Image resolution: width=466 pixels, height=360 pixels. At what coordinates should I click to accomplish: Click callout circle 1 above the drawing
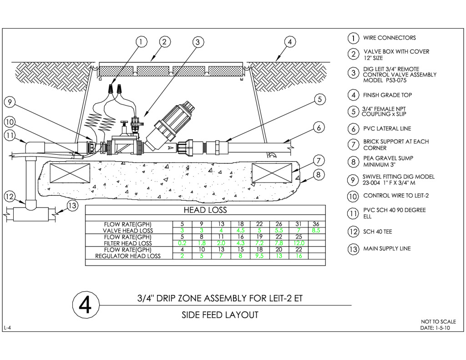coord(142,42)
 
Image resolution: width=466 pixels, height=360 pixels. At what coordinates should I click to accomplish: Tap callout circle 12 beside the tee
coord(10,197)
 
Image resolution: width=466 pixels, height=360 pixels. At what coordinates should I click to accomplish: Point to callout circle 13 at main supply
coord(72,206)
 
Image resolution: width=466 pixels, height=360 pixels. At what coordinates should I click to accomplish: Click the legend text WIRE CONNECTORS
coord(389,38)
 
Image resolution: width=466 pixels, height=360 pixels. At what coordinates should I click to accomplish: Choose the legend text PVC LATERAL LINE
coord(387,129)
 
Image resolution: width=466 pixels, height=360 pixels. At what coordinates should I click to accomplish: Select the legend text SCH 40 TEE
coord(377,232)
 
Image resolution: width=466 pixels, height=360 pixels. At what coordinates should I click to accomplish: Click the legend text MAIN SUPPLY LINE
coord(387,248)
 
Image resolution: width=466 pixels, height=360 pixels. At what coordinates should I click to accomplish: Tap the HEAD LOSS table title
coord(205,210)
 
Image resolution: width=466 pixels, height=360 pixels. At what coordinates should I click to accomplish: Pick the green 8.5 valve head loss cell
coord(315,231)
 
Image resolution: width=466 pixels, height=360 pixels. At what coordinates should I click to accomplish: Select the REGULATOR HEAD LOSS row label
coord(128,256)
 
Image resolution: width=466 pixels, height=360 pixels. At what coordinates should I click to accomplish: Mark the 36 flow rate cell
coord(315,224)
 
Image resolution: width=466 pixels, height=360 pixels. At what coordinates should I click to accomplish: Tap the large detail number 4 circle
coord(86,305)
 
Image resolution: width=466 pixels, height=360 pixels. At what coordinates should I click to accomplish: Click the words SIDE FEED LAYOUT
coord(220,315)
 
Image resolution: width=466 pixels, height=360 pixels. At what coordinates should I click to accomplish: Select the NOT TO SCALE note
coord(438,322)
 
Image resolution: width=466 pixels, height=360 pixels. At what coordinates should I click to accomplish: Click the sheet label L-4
coord(7,328)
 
